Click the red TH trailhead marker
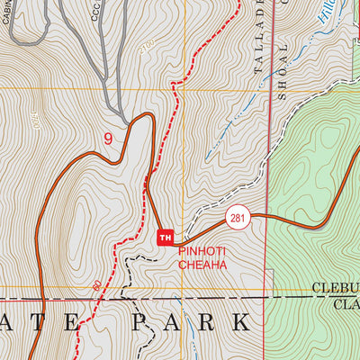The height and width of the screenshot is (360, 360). (165, 238)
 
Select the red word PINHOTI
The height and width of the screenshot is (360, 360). (202, 253)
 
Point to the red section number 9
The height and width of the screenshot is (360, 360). (109, 139)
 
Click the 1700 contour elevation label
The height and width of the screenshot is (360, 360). (35, 118)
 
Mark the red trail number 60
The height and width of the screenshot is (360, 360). (95, 285)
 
